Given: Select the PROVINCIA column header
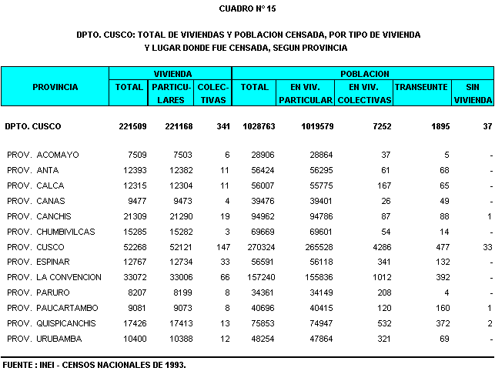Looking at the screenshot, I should pos(55,87).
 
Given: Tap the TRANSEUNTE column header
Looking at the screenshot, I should pos(420,87).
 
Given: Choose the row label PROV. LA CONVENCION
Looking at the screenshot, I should pos(54,278).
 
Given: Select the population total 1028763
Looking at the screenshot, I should pos(255,125).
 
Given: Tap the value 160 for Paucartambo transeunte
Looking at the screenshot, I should pos(442,309).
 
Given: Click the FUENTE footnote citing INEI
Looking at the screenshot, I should pos(94,363).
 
